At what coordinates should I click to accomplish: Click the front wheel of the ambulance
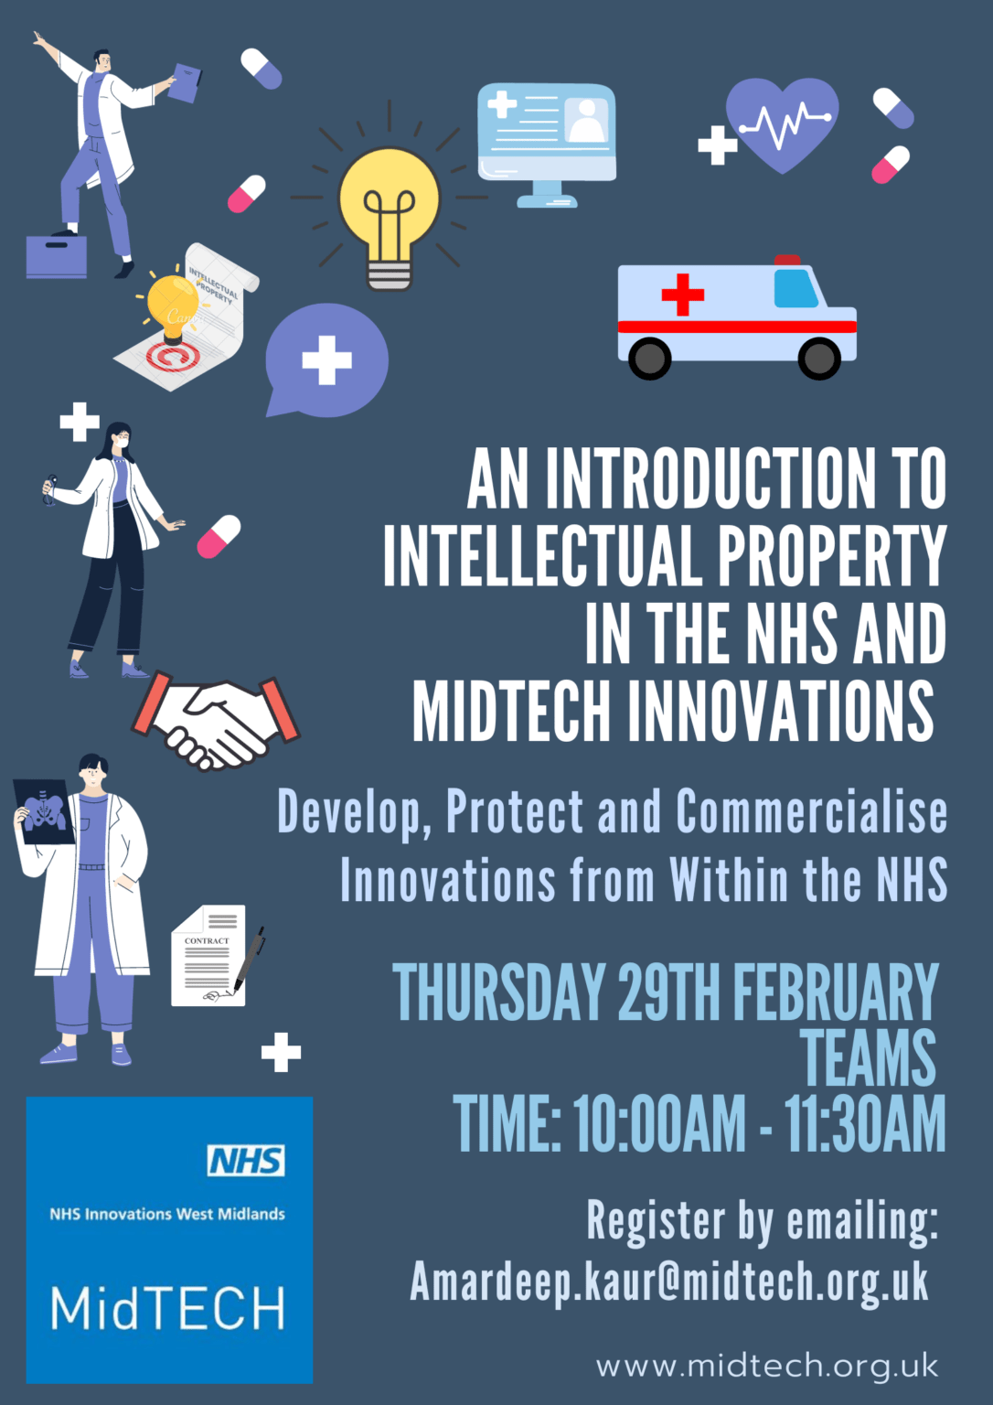click(818, 358)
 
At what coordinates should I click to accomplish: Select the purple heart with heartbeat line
click(783, 123)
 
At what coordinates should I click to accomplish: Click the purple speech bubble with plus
click(326, 359)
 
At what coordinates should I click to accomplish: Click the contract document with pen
click(216, 956)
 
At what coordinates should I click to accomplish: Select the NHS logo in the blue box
click(246, 1160)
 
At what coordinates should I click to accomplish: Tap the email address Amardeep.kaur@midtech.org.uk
click(669, 1282)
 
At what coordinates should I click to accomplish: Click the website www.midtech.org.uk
click(767, 1366)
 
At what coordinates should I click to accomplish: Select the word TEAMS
click(869, 1057)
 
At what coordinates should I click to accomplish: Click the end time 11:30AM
click(864, 1124)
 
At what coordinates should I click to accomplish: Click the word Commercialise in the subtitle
click(811, 811)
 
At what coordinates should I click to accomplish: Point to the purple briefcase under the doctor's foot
click(57, 256)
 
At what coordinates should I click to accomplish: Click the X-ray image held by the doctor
click(45, 810)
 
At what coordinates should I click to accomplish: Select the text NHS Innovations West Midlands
click(167, 1214)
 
